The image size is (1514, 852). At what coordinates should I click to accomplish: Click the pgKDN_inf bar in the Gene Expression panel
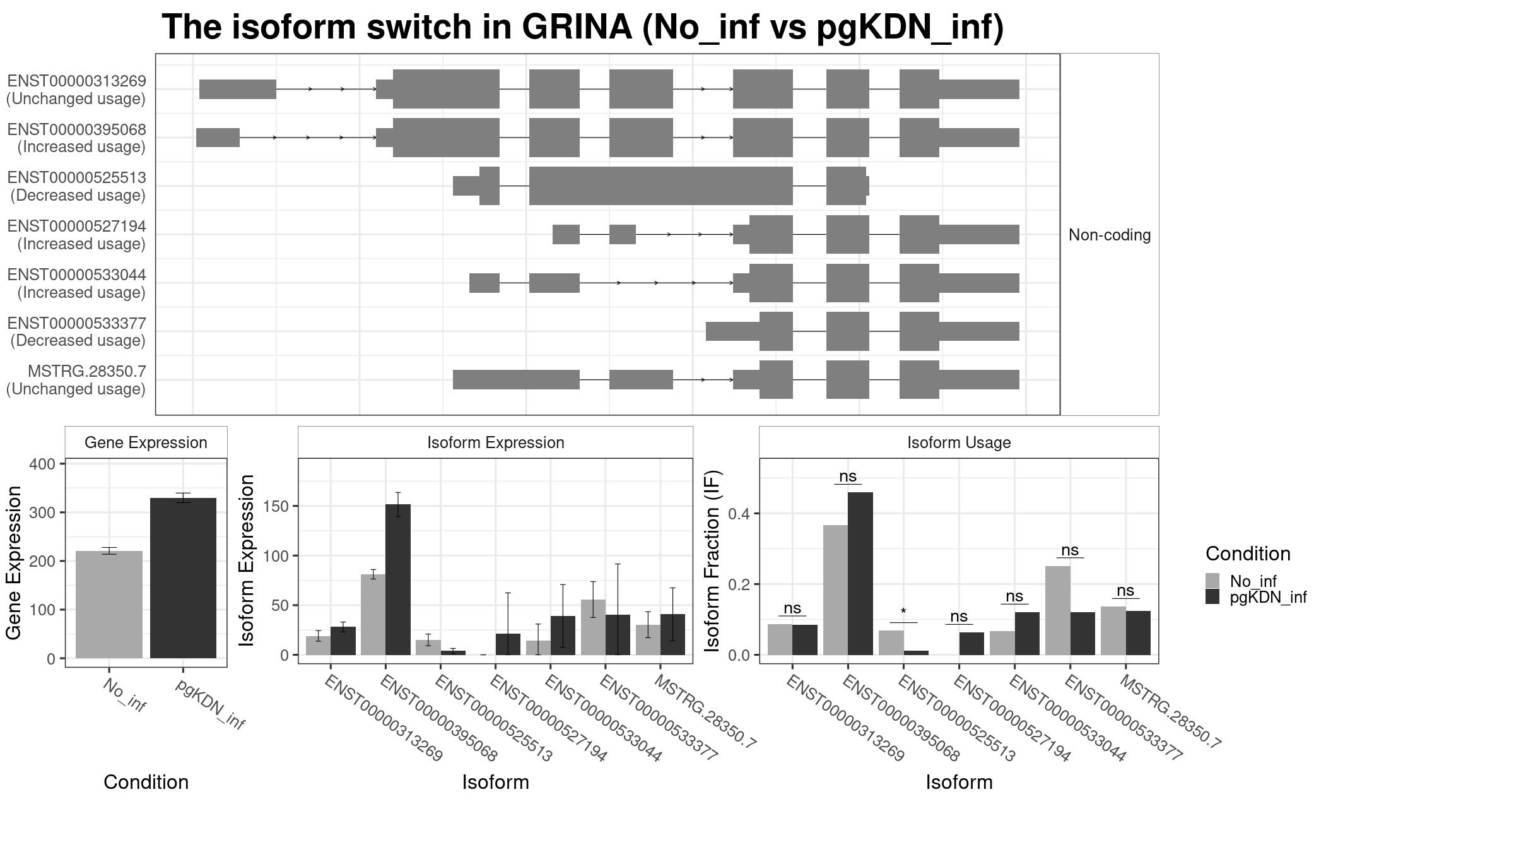183,578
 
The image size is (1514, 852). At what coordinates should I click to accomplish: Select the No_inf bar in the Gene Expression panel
109,605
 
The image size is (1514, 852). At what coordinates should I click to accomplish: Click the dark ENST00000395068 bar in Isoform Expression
398,579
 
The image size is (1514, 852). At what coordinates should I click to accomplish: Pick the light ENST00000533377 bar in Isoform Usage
1058,610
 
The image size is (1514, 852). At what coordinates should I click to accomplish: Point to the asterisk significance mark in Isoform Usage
903,612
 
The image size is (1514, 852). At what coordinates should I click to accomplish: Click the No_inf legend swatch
1212,581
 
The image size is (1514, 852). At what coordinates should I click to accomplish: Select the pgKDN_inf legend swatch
1212,596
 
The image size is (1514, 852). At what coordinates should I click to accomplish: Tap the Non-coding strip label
1110,235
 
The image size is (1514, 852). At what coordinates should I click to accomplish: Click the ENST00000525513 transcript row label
76,186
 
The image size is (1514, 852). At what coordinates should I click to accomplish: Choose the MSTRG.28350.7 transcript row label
76,380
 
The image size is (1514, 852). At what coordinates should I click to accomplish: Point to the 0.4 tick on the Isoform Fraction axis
740,514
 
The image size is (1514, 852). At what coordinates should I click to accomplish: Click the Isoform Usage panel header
959,442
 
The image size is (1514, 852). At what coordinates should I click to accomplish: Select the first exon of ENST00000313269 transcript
238,89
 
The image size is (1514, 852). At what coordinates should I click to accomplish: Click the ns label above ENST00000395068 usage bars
848,476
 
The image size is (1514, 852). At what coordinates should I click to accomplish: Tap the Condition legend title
1248,553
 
